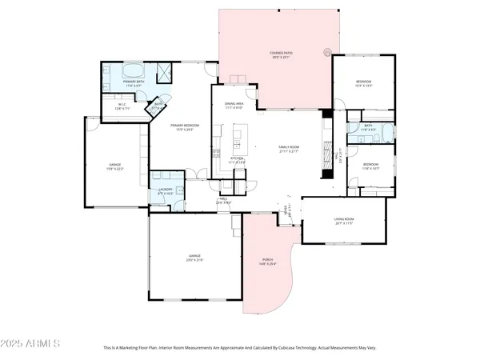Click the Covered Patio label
tap(280, 55)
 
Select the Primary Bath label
tap(134, 83)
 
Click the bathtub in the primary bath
tap(118, 71)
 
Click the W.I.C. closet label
tap(122, 106)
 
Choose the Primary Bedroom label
tap(184, 128)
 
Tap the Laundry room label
tap(166, 190)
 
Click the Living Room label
tap(344, 221)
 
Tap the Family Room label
tap(288, 149)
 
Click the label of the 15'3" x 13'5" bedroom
tap(363, 83)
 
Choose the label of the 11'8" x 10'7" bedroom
tap(370, 166)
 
